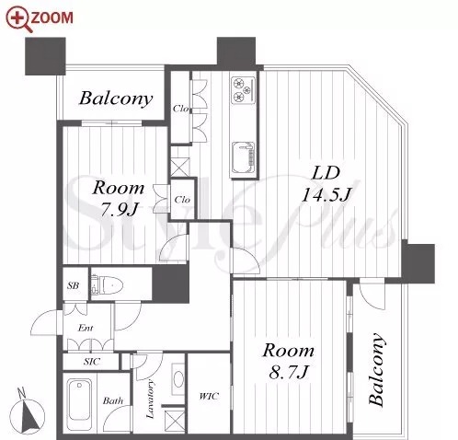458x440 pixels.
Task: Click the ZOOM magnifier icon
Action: coord(19,19)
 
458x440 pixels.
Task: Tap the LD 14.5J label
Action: coord(326,184)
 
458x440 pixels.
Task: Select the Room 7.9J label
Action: coord(119,199)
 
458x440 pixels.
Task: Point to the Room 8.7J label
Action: coord(288,361)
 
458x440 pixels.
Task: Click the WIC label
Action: coord(209,396)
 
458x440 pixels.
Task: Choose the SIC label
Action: coord(92,362)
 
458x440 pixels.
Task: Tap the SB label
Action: coord(74,285)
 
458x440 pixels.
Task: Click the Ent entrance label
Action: coord(86,328)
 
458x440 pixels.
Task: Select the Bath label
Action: coord(113,400)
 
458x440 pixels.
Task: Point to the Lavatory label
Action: coord(150,399)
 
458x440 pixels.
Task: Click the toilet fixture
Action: coord(107,285)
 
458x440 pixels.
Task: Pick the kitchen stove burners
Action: coord(243,89)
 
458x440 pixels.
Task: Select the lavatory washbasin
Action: coord(178,379)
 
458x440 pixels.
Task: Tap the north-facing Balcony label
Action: coord(116,98)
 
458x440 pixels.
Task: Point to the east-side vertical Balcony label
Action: coord(376,369)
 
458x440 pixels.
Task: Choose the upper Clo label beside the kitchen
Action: coord(180,109)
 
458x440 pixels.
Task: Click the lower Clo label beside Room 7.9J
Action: coord(182,200)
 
